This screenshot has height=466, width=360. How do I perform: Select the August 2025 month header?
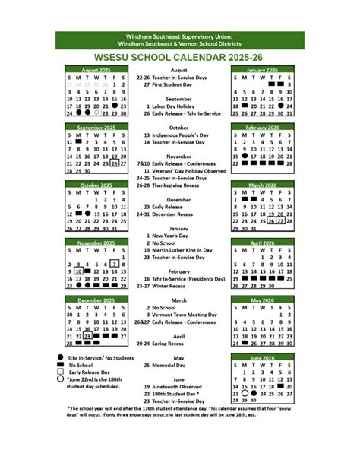(95, 70)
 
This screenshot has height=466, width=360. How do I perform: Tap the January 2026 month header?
(263, 70)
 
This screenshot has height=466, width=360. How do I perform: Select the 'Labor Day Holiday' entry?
(178, 106)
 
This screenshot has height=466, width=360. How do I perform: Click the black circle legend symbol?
(59, 357)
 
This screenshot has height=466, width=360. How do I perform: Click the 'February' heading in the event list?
(179, 271)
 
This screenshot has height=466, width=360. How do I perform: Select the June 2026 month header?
(263, 357)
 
